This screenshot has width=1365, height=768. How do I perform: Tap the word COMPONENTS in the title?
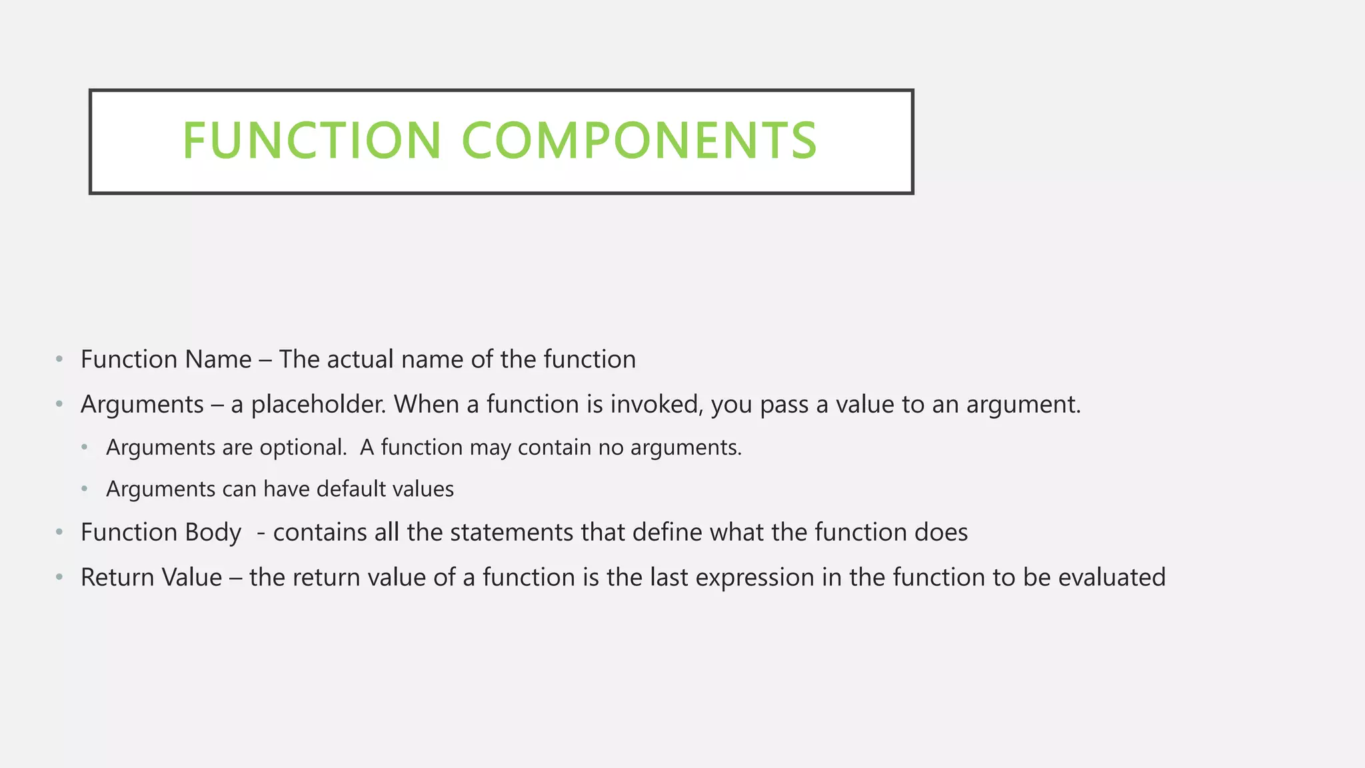[639, 141]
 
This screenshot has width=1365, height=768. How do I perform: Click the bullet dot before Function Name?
[59, 359]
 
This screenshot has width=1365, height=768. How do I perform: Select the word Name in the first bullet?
[218, 359]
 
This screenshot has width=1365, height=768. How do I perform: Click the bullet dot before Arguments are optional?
[85, 447]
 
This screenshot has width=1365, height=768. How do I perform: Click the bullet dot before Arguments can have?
[85, 489]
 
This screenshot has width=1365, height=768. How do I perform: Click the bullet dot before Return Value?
[59, 577]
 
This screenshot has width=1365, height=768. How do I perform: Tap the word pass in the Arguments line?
[784, 405]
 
